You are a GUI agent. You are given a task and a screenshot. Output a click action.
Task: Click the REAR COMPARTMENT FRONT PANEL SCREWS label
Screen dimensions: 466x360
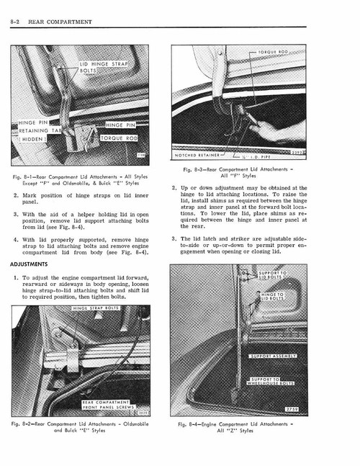(x=106, y=406)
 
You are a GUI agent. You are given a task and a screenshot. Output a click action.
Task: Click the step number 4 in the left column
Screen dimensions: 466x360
(x=16, y=238)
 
